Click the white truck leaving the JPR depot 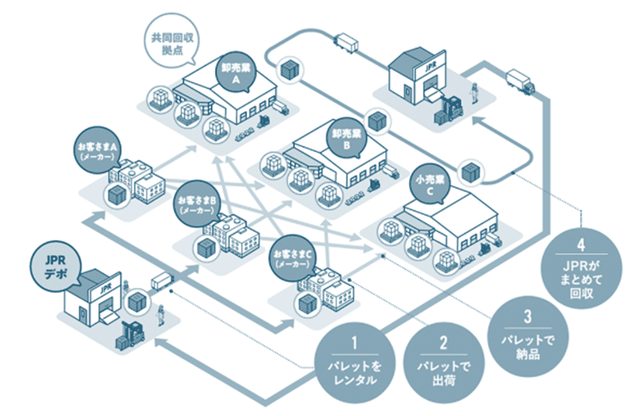[x=161, y=281]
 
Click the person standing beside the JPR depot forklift [x=160, y=315]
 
